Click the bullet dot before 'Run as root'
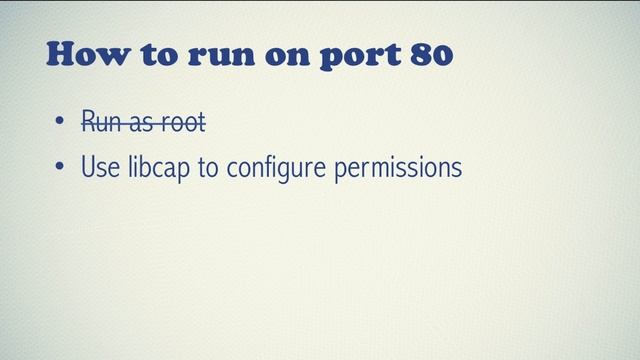(x=61, y=125)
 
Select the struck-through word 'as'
(x=142, y=125)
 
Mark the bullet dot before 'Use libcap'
(x=61, y=168)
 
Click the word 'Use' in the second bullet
(x=100, y=167)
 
